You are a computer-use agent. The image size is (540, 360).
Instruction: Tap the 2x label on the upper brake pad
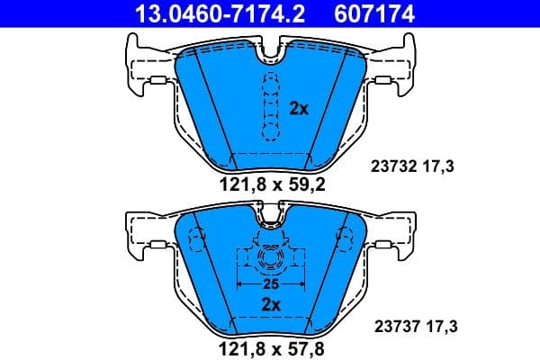299,108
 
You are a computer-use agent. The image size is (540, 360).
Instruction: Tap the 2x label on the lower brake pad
271,304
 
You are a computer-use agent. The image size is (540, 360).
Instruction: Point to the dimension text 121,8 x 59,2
271,186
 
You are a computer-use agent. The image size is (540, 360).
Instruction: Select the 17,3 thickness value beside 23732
440,166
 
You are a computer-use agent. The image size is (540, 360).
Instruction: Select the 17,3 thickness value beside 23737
440,328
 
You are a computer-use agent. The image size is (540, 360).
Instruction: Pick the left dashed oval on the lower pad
193,240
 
